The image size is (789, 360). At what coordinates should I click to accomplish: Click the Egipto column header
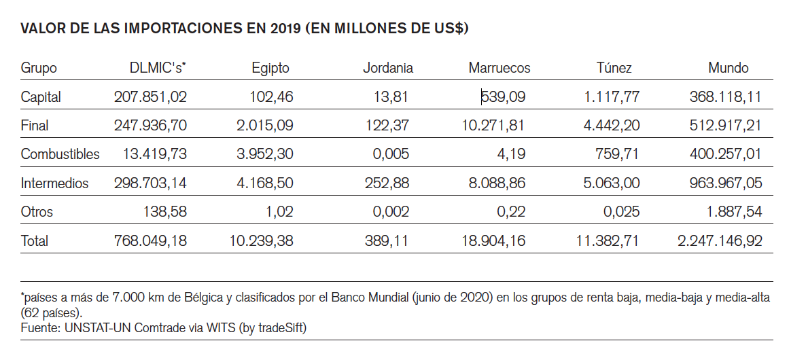click(x=270, y=68)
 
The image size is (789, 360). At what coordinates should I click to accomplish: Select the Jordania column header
click(x=387, y=68)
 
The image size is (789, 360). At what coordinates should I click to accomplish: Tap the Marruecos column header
click(x=499, y=68)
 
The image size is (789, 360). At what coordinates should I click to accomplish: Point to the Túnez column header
click(x=614, y=68)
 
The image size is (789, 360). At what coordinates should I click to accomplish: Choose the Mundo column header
click(x=728, y=68)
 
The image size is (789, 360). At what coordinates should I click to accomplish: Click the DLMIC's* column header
click(x=158, y=68)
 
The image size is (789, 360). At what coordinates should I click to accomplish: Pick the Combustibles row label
click(x=60, y=154)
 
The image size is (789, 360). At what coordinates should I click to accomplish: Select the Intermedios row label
click(x=54, y=183)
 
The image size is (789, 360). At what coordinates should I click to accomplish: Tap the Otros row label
click(x=37, y=212)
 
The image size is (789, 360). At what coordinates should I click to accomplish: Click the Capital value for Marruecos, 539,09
click(x=503, y=97)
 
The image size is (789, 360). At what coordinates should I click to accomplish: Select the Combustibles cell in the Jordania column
click(x=391, y=154)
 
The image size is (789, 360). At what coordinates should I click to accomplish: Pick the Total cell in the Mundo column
click(x=719, y=240)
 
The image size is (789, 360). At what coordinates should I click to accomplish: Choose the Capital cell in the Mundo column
click(x=725, y=97)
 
